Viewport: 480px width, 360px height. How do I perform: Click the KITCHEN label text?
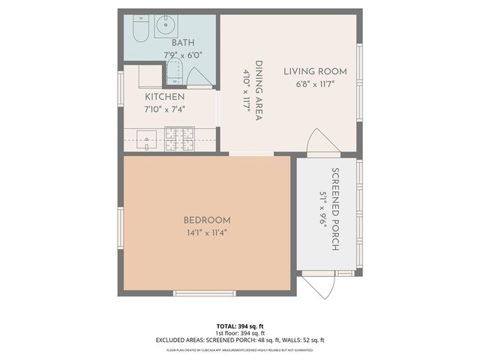click(164, 97)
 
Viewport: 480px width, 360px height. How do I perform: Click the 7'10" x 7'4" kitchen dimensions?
click(164, 109)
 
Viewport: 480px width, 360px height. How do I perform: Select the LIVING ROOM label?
click(315, 72)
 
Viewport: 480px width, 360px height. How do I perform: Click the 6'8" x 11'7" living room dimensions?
click(315, 83)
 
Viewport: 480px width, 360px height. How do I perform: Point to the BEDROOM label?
click(207, 220)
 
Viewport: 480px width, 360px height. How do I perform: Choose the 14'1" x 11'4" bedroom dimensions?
click(207, 232)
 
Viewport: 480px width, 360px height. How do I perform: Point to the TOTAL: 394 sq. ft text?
click(240, 326)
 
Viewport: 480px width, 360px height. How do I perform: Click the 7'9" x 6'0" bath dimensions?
click(183, 55)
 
